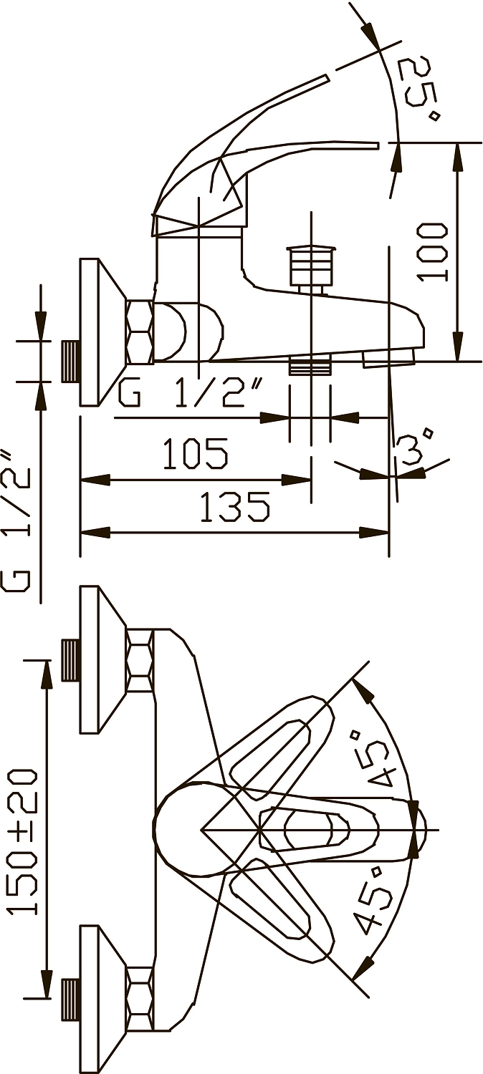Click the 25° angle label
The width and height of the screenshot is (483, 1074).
pyautogui.click(x=421, y=89)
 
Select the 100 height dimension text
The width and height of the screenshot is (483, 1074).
pyautogui.click(x=433, y=252)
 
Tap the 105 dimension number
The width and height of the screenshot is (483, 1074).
pyautogui.click(x=195, y=453)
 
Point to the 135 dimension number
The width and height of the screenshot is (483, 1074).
pyautogui.click(x=234, y=505)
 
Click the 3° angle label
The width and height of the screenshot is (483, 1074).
pyautogui.click(x=416, y=448)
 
